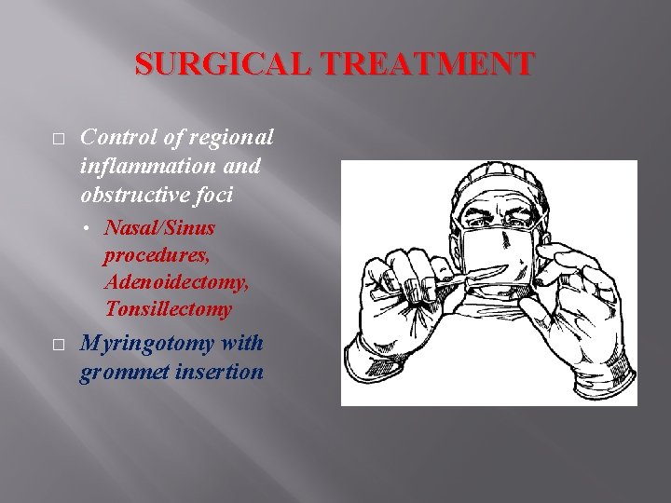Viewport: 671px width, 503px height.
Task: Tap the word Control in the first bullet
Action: [119, 137]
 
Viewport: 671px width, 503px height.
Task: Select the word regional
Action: [232, 138]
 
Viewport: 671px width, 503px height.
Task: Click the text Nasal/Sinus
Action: [159, 227]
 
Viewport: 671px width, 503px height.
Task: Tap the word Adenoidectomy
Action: [176, 281]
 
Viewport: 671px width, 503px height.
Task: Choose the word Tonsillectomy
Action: [169, 308]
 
